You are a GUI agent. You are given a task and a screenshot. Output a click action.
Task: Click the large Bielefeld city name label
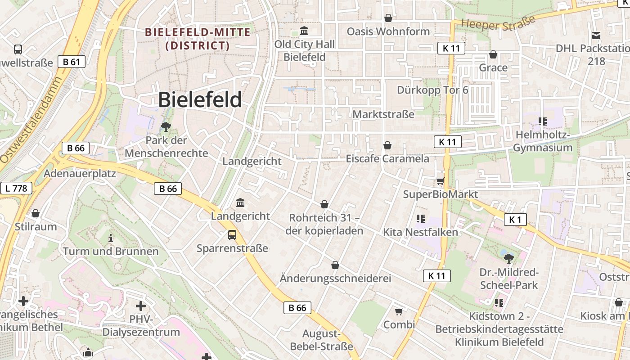tap(200, 100)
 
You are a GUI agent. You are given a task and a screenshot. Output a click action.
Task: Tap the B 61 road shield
tap(72, 62)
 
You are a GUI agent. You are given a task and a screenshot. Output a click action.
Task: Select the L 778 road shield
tap(16, 188)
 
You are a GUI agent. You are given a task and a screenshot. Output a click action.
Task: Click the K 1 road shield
tap(515, 220)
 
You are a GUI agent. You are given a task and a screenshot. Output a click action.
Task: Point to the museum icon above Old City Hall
tap(304, 31)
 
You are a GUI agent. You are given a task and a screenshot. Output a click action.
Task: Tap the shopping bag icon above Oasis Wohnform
tap(388, 18)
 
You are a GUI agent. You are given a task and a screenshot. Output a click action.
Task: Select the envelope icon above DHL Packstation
tap(596, 35)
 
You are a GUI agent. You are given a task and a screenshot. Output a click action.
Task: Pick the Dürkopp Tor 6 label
tap(432, 90)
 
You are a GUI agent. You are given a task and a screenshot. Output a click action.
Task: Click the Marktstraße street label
tap(383, 114)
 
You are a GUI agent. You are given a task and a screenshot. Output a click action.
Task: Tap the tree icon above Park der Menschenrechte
tap(166, 127)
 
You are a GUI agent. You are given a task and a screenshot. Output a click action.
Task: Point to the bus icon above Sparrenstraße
tap(232, 234)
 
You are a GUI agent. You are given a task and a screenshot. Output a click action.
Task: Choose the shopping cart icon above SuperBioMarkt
tap(440, 181)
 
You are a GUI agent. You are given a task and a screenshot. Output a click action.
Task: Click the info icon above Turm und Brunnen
tap(111, 238)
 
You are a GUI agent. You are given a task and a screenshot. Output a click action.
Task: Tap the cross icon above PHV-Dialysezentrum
tap(141, 306)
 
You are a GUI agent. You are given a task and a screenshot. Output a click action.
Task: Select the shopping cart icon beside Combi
tap(399, 311)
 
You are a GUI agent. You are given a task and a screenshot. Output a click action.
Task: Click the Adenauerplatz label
tap(80, 173)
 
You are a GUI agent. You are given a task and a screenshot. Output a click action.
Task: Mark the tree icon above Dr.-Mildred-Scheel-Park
tap(509, 258)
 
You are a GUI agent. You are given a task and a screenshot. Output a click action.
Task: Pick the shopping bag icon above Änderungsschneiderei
tap(335, 265)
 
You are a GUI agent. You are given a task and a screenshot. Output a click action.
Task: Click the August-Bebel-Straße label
tap(321, 340)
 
